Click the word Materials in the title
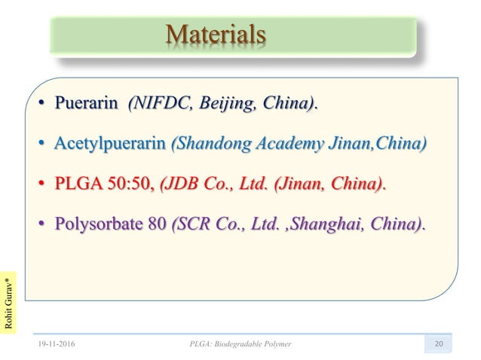point(216,35)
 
